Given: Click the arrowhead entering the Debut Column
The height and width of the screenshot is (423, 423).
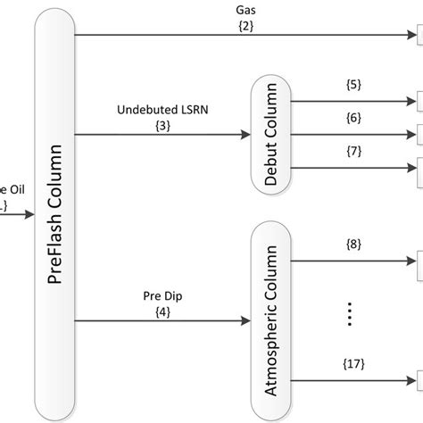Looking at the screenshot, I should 247,135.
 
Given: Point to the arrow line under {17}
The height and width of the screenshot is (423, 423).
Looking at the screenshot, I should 357,374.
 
